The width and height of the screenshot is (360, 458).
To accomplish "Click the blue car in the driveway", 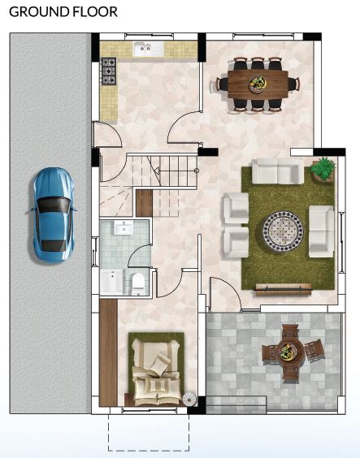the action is (x=53, y=215).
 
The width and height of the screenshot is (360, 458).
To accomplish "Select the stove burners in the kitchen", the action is (x=109, y=71).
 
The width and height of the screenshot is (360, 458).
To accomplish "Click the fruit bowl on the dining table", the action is (x=258, y=84).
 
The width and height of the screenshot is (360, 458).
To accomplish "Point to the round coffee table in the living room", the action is (x=283, y=231).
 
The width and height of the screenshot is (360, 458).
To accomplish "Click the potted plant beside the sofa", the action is (x=323, y=169).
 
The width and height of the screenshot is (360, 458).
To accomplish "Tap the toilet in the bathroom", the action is (x=138, y=284).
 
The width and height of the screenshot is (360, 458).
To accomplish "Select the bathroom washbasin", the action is (x=124, y=227).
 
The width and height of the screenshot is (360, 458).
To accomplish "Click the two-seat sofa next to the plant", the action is (x=278, y=171).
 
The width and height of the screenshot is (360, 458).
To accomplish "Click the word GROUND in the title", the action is (x=36, y=11).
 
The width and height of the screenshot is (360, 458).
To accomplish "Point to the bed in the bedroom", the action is (x=156, y=374).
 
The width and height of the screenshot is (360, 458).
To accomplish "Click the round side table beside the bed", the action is (x=189, y=399).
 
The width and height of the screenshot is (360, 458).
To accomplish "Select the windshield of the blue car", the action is (x=54, y=205).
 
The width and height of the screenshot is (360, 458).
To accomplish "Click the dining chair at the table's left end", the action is (x=222, y=84).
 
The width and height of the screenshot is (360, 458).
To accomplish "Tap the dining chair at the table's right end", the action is (x=293, y=84).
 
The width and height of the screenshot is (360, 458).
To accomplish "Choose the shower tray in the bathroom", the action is (x=111, y=282).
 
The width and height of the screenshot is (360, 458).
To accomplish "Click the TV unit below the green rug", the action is (x=283, y=288).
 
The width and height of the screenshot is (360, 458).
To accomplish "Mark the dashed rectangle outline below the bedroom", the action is (x=149, y=451).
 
